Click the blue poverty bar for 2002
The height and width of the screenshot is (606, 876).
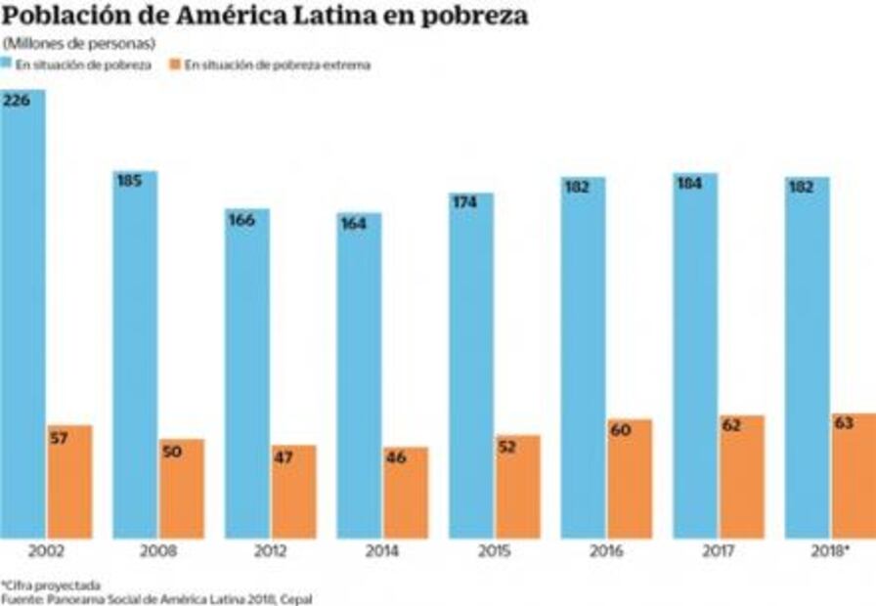point(22,313)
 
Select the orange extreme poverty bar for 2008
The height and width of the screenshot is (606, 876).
point(181,489)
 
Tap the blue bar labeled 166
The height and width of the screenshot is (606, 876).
point(247,371)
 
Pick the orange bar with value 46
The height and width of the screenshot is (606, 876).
point(405,494)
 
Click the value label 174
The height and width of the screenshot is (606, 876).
point(464,201)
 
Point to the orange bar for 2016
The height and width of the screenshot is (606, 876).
point(629,479)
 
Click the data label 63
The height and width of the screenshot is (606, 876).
point(843,423)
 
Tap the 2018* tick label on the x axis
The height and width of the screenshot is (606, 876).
point(831,552)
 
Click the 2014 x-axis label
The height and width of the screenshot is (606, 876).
point(382,552)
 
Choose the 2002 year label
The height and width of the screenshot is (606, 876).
point(46,552)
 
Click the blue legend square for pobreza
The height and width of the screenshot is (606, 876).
point(8,65)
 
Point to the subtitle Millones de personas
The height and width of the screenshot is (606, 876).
point(80,44)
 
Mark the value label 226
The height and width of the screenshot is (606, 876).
point(16,101)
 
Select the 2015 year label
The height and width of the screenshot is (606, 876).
point(494,552)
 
